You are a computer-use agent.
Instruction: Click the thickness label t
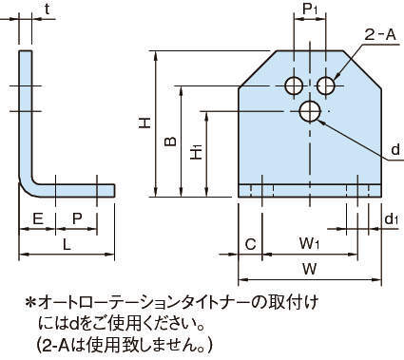click(48, 9)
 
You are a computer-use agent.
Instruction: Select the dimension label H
click(145, 123)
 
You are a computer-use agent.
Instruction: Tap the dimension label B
click(170, 142)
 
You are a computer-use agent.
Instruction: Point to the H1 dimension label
click(197, 152)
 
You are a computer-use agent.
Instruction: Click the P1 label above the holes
click(310, 9)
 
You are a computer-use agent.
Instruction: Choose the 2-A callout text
click(380, 35)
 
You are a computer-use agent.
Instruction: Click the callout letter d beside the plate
click(395, 149)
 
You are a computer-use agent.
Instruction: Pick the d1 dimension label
click(391, 219)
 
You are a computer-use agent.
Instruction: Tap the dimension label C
click(250, 244)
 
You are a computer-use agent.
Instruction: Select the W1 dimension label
click(309, 244)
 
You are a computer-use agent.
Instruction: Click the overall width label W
click(309, 269)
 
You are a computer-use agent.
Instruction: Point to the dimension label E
click(38, 218)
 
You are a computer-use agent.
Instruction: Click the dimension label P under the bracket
click(77, 218)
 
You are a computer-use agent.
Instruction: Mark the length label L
click(67, 244)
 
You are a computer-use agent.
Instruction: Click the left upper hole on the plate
click(294, 85)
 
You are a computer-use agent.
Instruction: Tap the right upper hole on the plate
click(326, 85)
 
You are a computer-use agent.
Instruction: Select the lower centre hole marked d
click(310, 111)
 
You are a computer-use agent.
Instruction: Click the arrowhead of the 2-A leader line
click(336, 77)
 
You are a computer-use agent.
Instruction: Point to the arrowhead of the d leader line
click(322, 123)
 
